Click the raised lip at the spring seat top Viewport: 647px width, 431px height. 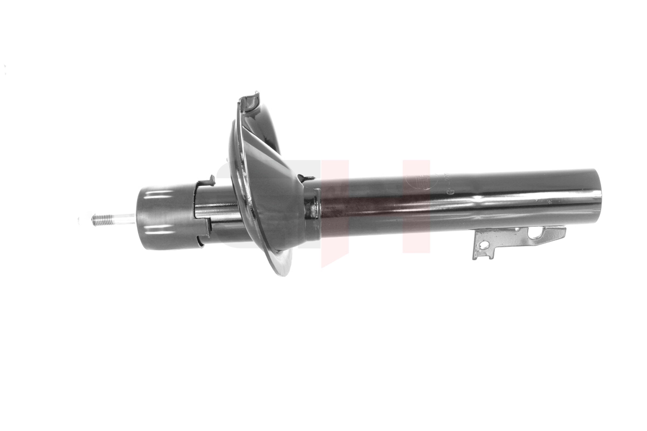pyautogui.click(x=250, y=100)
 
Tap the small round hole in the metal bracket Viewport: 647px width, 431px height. pyautogui.click(x=484, y=245)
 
